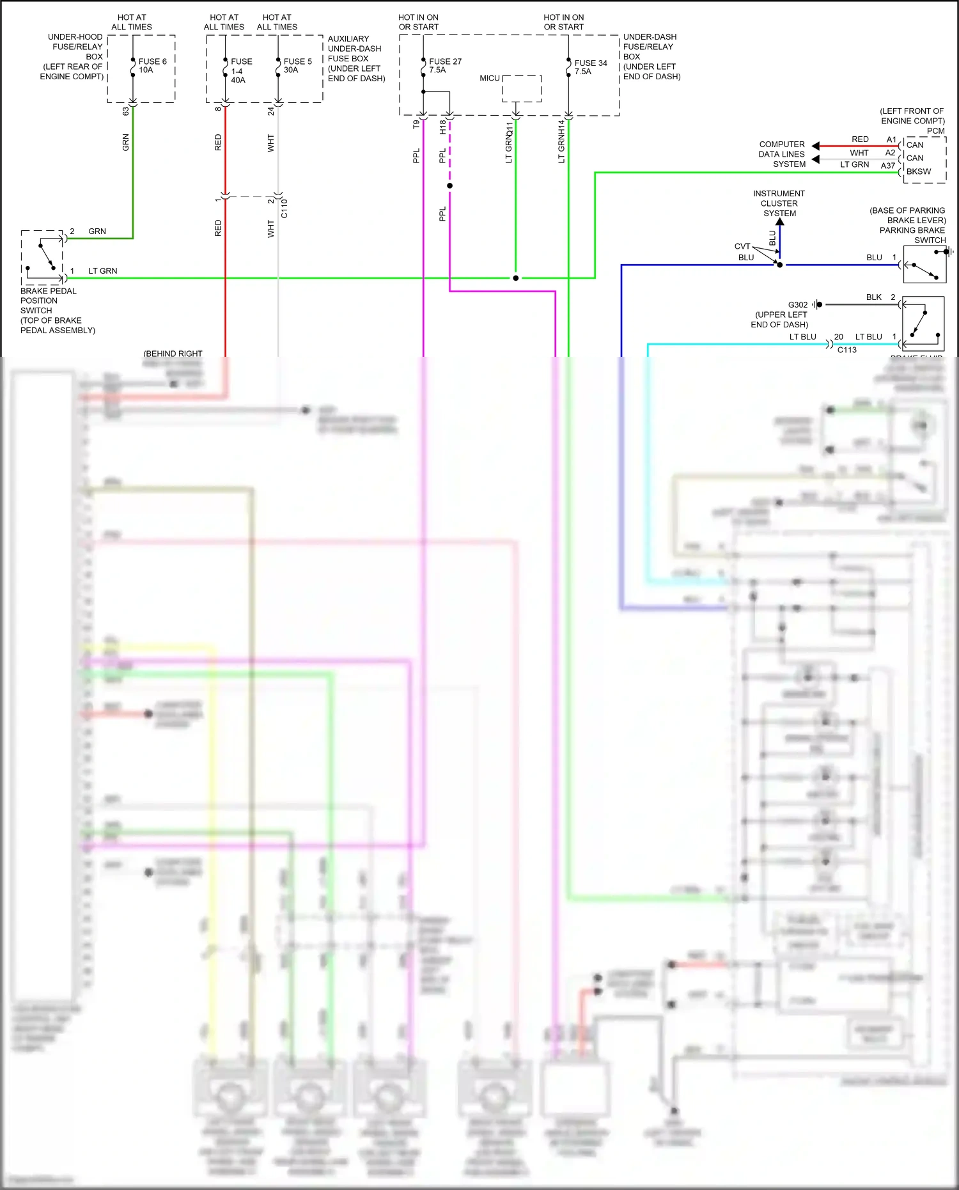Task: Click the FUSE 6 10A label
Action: point(152,66)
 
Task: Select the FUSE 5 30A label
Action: point(297,66)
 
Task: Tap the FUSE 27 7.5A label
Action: point(444,66)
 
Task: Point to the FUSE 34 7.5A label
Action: point(590,67)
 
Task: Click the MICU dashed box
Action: point(522,89)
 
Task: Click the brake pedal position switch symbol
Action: point(43,258)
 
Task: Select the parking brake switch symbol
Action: point(924,265)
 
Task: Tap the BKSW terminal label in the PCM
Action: point(919,171)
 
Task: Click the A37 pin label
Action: point(887,166)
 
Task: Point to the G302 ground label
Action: point(797,305)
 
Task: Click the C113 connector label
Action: point(846,350)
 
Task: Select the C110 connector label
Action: point(285,208)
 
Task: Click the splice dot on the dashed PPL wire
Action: point(449,186)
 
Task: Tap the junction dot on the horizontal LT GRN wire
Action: point(515,278)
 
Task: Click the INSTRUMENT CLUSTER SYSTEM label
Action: point(779,203)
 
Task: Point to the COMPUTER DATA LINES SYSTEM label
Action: point(781,154)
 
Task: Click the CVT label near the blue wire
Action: point(742,246)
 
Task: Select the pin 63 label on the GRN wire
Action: point(126,111)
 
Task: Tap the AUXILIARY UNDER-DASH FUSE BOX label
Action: point(356,58)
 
